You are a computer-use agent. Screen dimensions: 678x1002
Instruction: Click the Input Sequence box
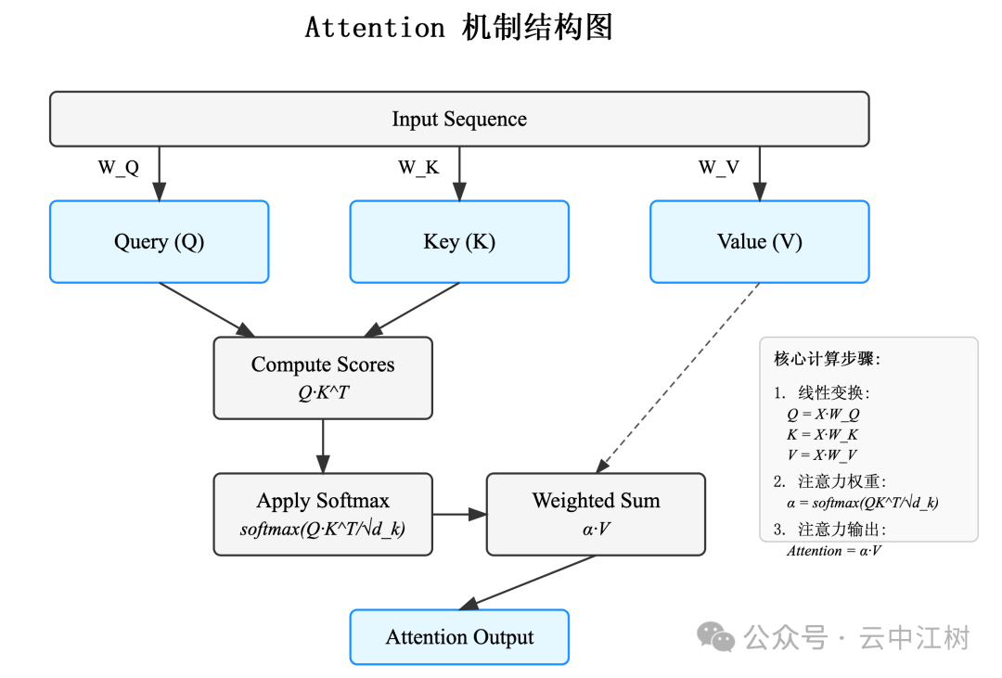(x=459, y=119)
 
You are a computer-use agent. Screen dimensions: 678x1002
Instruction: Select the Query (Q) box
(x=159, y=242)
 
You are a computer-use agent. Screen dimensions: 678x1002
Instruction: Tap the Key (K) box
(x=459, y=242)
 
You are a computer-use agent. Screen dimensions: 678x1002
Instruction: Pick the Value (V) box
(x=759, y=242)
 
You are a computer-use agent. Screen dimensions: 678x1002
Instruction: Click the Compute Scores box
(x=323, y=377)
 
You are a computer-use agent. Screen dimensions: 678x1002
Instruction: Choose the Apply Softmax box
(x=323, y=514)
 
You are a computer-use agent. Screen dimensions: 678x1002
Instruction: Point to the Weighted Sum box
(x=596, y=514)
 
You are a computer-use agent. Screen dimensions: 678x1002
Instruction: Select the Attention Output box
(x=459, y=637)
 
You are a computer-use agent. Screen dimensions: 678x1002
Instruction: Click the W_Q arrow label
(x=119, y=168)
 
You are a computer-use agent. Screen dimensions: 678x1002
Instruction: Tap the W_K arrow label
(x=418, y=168)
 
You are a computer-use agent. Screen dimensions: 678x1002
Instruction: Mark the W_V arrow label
(x=719, y=168)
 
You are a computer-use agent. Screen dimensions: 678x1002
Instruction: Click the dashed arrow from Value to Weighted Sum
(x=679, y=376)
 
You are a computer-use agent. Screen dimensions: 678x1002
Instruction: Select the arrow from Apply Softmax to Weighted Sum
(x=459, y=514)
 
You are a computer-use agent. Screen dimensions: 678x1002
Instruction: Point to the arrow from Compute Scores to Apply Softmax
(x=323, y=446)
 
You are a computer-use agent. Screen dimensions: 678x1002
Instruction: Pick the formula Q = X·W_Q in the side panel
(x=823, y=415)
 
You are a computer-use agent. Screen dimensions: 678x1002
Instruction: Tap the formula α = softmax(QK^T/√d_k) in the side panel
(x=862, y=503)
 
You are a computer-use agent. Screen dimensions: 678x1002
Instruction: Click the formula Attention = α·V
(x=834, y=551)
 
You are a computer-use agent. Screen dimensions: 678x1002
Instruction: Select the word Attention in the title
(x=375, y=28)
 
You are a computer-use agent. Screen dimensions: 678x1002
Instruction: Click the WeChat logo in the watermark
(x=716, y=636)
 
